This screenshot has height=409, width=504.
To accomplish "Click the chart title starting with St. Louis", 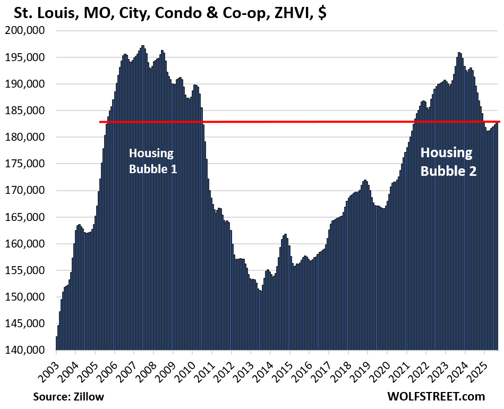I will pos(165,13).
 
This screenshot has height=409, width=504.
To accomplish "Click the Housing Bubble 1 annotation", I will pos(152,161).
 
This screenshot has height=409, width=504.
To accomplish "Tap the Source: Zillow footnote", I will pos(68,396).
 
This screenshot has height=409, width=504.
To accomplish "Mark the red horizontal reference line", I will pos(297,122).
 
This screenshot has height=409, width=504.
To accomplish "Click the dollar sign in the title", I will pos(322,13).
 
